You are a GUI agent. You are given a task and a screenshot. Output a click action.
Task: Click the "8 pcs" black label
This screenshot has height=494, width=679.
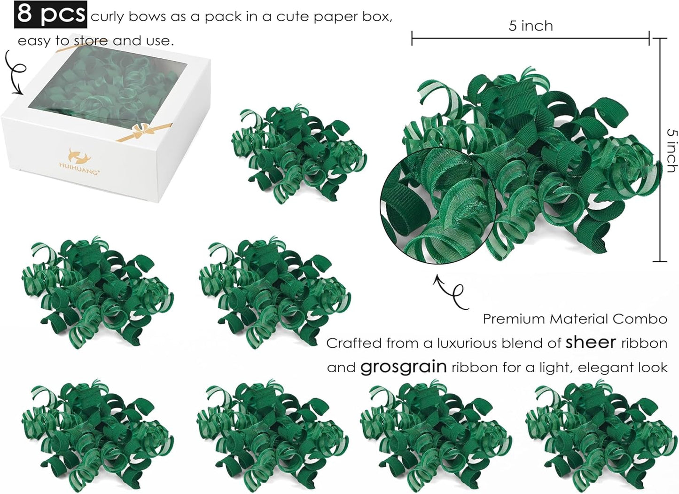(x=51, y=14)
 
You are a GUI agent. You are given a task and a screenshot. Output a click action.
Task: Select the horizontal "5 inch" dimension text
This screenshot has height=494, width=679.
(x=531, y=26)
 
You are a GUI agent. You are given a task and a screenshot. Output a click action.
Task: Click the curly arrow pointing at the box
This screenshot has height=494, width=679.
(x=15, y=73)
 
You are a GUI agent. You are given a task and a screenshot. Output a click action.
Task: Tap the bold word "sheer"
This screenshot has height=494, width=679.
(x=591, y=342)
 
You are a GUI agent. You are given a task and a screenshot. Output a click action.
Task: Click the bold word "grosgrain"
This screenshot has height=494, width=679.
(x=403, y=367)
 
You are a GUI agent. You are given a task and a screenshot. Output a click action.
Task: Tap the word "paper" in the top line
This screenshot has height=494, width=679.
(x=313, y=17)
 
